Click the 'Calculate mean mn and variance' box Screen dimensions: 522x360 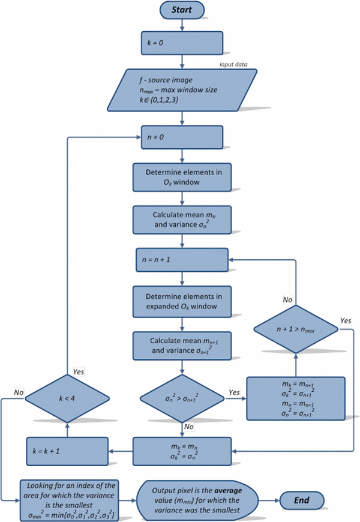click(x=182, y=219)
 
